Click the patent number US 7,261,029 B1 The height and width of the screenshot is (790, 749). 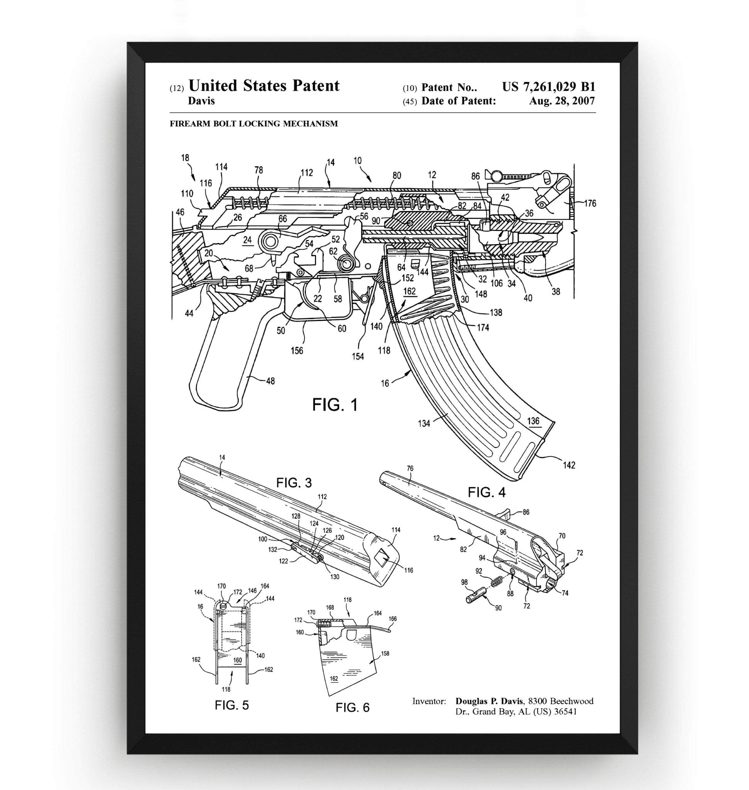coord(548,87)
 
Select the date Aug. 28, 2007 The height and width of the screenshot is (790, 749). coord(562,101)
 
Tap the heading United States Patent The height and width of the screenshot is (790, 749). coord(264,86)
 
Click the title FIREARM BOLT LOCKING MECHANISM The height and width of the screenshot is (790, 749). coord(254,124)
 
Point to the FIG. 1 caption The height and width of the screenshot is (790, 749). coord(335,405)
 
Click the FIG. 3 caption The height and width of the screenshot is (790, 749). coord(294,483)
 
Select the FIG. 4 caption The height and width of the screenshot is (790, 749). coord(487,493)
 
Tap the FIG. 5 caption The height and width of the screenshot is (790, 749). coord(232,705)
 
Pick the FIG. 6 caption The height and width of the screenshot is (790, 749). coord(353,707)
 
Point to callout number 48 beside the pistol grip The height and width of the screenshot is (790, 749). coord(270,381)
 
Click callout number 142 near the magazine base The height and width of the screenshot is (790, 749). coord(569,465)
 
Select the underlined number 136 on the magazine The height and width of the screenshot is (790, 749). coord(533,421)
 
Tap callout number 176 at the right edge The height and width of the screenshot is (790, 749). coord(590,203)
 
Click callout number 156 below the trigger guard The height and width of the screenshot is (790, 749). coord(297,351)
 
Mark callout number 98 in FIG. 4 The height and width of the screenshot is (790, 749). coord(464,582)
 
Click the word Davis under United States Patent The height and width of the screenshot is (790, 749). coord(201,101)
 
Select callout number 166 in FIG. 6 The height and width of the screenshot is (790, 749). coord(392,619)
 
